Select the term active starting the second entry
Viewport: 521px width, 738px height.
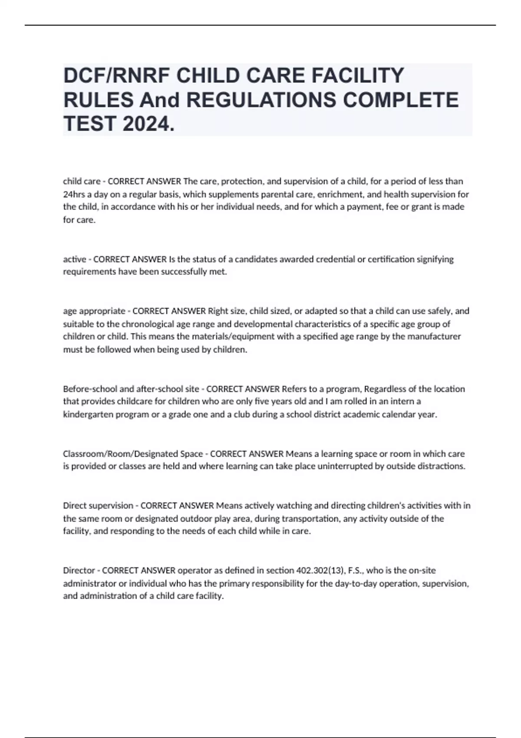pyautogui.click(x=74, y=259)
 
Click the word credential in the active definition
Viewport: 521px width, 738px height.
pyautogui.click(x=334, y=259)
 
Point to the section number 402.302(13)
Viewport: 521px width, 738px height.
pyautogui.click(x=320, y=570)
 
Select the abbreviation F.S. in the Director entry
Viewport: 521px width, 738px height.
pyautogui.click(x=356, y=570)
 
